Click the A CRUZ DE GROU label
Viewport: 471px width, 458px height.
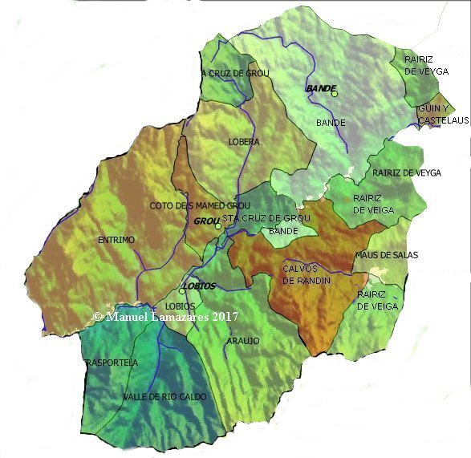234,74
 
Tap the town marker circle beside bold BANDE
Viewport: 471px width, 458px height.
335,94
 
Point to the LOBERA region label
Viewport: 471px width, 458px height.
244,142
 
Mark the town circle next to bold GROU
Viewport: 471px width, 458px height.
217,227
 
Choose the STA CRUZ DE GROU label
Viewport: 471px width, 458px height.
266,218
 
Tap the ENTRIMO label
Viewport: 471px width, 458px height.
116,240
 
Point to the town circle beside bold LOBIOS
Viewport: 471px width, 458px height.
183,291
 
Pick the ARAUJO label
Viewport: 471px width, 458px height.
243,340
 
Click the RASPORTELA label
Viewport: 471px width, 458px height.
111,363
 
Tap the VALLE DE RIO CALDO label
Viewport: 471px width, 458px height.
164,397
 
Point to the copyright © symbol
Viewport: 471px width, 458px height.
98,317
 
